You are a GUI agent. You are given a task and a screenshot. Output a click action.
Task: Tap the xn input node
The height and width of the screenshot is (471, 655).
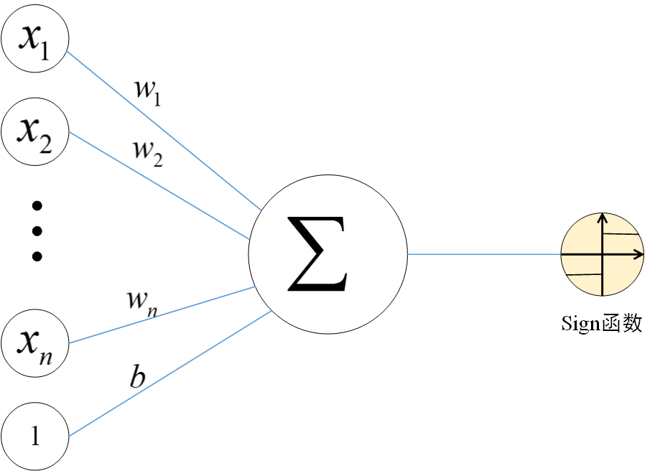pyautogui.click(x=35, y=343)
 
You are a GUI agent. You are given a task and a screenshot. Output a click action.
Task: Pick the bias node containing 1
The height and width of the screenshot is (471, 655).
pyautogui.click(x=35, y=436)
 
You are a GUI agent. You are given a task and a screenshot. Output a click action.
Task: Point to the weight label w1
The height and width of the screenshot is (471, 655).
pyautogui.click(x=147, y=89)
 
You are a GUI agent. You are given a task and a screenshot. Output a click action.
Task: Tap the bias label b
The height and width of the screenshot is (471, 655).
pyautogui.click(x=137, y=377)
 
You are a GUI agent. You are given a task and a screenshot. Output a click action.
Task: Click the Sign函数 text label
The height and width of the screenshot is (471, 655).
pyautogui.click(x=601, y=324)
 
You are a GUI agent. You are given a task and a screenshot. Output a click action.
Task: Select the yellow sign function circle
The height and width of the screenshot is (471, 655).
pyautogui.click(x=602, y=254)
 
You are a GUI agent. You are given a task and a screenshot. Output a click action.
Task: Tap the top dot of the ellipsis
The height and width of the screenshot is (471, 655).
pyautogui.click(x=38, y=206)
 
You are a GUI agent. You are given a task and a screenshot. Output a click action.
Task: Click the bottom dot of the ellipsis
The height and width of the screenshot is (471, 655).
pyautogui.click(x=38, y=256)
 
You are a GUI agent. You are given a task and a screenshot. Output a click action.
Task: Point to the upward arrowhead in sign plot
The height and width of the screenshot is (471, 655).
pyautogui.click(x=603, y=217)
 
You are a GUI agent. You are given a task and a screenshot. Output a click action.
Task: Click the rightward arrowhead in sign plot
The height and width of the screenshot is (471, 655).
pyautogui.click(x=638, y=254)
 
